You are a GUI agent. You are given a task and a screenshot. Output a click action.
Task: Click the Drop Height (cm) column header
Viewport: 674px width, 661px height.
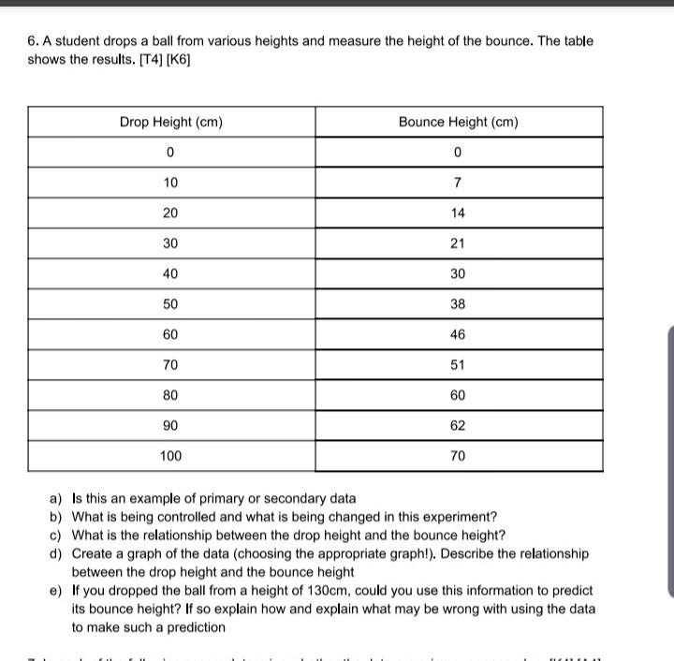[x=170, y=123]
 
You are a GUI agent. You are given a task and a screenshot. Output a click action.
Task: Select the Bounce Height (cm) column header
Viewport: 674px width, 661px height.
[x=458, y=123]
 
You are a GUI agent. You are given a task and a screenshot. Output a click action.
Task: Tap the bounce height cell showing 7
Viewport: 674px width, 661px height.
[x=458, y=183]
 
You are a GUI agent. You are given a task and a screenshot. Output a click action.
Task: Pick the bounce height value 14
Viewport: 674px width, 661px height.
[x=458, y=213]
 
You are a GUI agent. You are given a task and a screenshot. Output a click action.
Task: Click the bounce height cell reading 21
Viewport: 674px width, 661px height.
[x=458, y=243]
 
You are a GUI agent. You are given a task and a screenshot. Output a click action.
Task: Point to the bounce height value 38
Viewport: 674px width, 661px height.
[x=458, y=304]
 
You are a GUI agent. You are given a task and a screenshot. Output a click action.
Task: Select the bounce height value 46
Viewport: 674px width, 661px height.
[x=458, y=334]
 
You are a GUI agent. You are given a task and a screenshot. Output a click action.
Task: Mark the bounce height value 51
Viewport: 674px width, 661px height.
[x=458, y=365]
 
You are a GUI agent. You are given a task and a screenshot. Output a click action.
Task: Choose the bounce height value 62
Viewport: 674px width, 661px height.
[x=458, y=425]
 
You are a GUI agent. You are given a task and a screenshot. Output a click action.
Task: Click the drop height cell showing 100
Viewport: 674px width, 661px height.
[x=170, y=456]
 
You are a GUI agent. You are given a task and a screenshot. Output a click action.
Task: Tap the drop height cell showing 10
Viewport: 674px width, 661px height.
[x=170, y=183]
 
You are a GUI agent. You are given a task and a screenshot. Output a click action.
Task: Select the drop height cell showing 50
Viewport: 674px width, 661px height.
[x=170, y=304]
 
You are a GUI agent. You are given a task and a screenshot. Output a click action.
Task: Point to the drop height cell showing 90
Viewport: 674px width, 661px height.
[x=170, y=425]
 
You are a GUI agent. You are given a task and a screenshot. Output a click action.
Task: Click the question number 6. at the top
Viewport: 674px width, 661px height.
[x=33, y=42]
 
